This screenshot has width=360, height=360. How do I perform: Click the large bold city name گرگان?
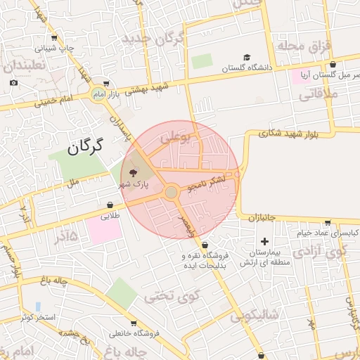click(85, 146)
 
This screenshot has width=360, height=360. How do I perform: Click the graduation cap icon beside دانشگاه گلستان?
click(247, 58)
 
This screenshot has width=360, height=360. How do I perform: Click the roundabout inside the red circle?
click(171, 192)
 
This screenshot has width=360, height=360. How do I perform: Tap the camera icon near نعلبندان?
click(14, 82)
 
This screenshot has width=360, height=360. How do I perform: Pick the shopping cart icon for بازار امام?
click(105, 83)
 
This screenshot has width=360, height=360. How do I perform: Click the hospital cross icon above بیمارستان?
click(264, 241)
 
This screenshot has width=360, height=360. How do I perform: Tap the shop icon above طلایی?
click(110, 205)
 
